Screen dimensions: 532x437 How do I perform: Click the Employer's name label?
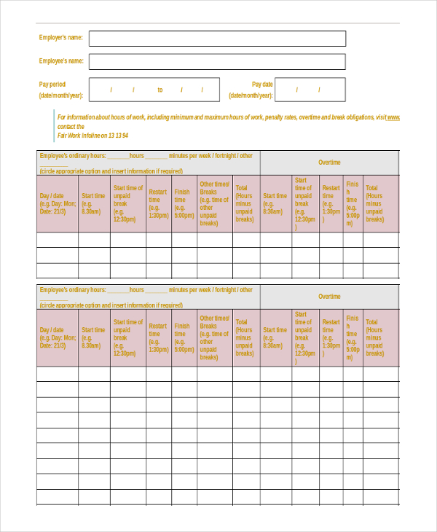[x=60, y=37]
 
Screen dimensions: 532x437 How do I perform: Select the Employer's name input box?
[x=217, y=39]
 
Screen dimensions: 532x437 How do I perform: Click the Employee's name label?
[x=60, y=61]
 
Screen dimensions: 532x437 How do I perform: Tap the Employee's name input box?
[x=217, y=62]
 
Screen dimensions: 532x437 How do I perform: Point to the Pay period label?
[x=52, y=85]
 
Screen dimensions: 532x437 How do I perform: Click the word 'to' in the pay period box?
[x=160, y=90]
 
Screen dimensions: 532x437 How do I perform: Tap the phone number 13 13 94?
[x=115, y=136]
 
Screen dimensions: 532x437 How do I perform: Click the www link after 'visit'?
[x=393, y=117]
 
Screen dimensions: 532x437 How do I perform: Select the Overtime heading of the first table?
[x=329, y=163]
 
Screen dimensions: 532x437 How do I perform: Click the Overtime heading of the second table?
[x=329, y=297]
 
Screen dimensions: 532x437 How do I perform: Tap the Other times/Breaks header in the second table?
[x=214, y=337]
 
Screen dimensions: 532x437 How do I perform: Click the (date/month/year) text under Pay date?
[x=251, y=95]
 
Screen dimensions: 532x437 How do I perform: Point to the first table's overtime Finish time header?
[x=353, y=203]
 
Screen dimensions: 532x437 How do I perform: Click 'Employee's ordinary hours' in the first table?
[x=73, y=156]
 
